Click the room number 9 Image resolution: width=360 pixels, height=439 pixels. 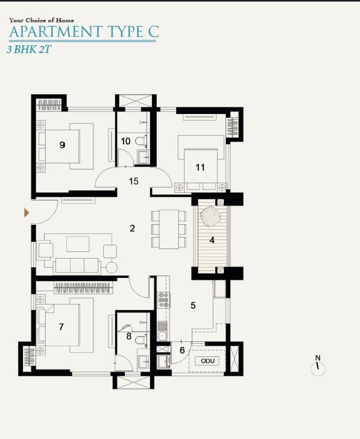tap(63, 145)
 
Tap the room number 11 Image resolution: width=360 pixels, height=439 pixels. tap(200, 168)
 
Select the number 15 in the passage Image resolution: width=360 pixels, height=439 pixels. tap(133, 181)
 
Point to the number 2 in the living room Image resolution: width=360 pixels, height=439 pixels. tap(133, 228)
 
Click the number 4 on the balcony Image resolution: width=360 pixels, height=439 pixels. tap(212, 240)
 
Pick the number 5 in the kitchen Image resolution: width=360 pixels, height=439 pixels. tap(193, 306)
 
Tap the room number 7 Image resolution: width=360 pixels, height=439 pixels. tap(62, 327)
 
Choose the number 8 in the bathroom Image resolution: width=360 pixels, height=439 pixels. tap(129, 336)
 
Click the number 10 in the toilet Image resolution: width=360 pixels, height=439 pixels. tap(125, 141)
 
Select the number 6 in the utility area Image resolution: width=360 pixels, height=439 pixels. tap(182, 350)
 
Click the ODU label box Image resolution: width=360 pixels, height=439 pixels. tap(207, 361)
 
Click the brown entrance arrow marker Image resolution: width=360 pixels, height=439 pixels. tap(27, 213)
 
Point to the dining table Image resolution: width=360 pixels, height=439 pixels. tap(169, 229)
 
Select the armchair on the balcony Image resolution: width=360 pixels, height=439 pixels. tap(210, 216)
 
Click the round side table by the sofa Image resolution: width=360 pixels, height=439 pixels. tap(112, 267)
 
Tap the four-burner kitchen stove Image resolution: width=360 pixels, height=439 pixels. tap(164, 300)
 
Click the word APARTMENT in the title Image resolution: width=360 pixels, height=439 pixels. tap(55, 31)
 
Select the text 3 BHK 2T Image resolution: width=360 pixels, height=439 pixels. tap(29, 49)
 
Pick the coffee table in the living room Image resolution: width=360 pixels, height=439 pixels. tap(78, 244)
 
